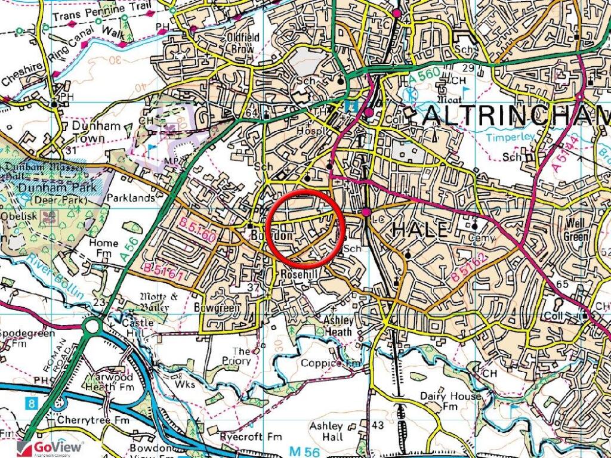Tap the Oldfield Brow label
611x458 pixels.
[x=243, y=43]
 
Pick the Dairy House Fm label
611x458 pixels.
[x=450, y=401]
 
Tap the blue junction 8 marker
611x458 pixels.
[x=31, y=404]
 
